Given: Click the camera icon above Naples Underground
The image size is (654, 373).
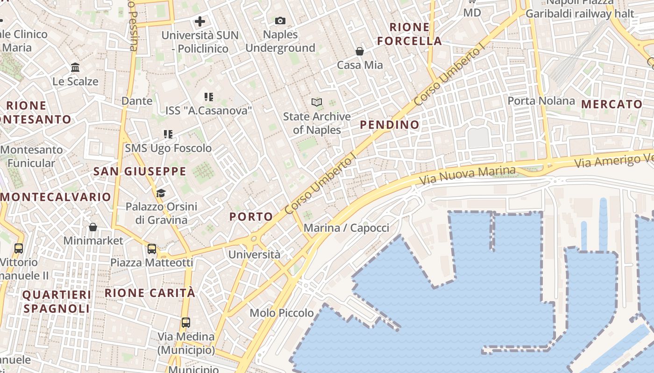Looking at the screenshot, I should click(280, 21).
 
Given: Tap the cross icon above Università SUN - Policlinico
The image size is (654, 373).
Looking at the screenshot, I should click(200, 21).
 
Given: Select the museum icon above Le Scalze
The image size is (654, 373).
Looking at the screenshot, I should click(75, 68).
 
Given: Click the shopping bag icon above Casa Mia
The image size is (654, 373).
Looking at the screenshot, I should click(360, 51).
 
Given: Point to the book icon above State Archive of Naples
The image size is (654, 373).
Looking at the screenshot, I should click(317, 102).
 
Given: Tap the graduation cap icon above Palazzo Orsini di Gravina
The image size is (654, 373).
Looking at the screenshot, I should click(161, 193).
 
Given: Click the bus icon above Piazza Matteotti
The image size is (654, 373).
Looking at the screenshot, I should click(152, 249).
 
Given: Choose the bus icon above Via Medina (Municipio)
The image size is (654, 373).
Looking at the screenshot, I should click(186, 323).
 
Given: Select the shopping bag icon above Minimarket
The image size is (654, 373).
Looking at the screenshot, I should click(93, 227).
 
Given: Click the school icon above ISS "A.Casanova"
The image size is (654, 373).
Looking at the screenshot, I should click(208, 97).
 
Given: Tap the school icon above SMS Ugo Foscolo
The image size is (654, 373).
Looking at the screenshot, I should click(168, 135).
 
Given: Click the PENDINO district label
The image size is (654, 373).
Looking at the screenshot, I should click(390, 124).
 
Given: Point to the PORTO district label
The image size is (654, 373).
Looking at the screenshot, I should click(251, 216).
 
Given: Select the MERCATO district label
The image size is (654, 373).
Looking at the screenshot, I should click(612, 104).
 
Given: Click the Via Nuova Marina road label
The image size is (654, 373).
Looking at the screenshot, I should click(467, 175).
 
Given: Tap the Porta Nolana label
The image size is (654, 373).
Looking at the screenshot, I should click(541, 101).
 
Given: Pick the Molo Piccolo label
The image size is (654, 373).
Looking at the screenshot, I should click(282, 313).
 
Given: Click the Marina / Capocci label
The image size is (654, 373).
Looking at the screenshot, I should click(346, 228).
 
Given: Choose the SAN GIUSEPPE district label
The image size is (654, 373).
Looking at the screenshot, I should click(140, 171).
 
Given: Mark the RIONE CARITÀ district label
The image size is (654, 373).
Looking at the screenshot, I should click(149, 293).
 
